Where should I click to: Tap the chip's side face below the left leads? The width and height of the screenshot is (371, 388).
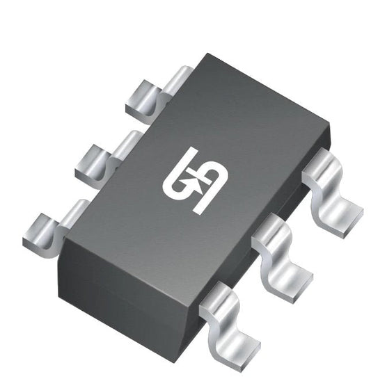(118, 278)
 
